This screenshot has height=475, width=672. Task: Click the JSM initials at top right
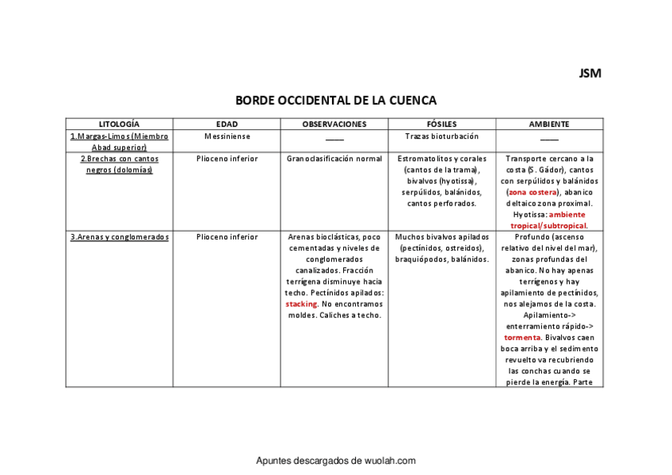pos(590,74)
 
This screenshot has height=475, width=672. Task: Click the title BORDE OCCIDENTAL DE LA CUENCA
pos(336,101)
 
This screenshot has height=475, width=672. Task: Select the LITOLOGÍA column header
pos(119,124)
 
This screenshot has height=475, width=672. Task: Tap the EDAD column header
pos(227,124)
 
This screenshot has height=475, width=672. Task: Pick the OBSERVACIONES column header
pos(334,124)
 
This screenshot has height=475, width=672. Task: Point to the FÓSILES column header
pos(441,124)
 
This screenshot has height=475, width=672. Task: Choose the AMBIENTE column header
pos(549,124)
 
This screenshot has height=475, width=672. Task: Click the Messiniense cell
pos(227,136)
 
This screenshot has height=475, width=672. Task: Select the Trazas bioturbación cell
pos(441,136)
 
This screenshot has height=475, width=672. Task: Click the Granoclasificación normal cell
pos(334,159)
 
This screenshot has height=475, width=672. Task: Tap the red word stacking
pos(301,304)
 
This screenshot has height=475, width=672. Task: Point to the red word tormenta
pos(521,337)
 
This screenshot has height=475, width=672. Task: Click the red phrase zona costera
pos(533,192)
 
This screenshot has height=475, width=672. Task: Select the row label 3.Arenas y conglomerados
pos(120,236)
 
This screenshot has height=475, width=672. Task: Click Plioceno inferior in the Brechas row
pos(227,159)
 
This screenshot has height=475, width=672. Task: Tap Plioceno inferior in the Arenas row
pos(227,236)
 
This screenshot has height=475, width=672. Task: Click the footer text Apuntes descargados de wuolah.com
pos(336,461)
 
